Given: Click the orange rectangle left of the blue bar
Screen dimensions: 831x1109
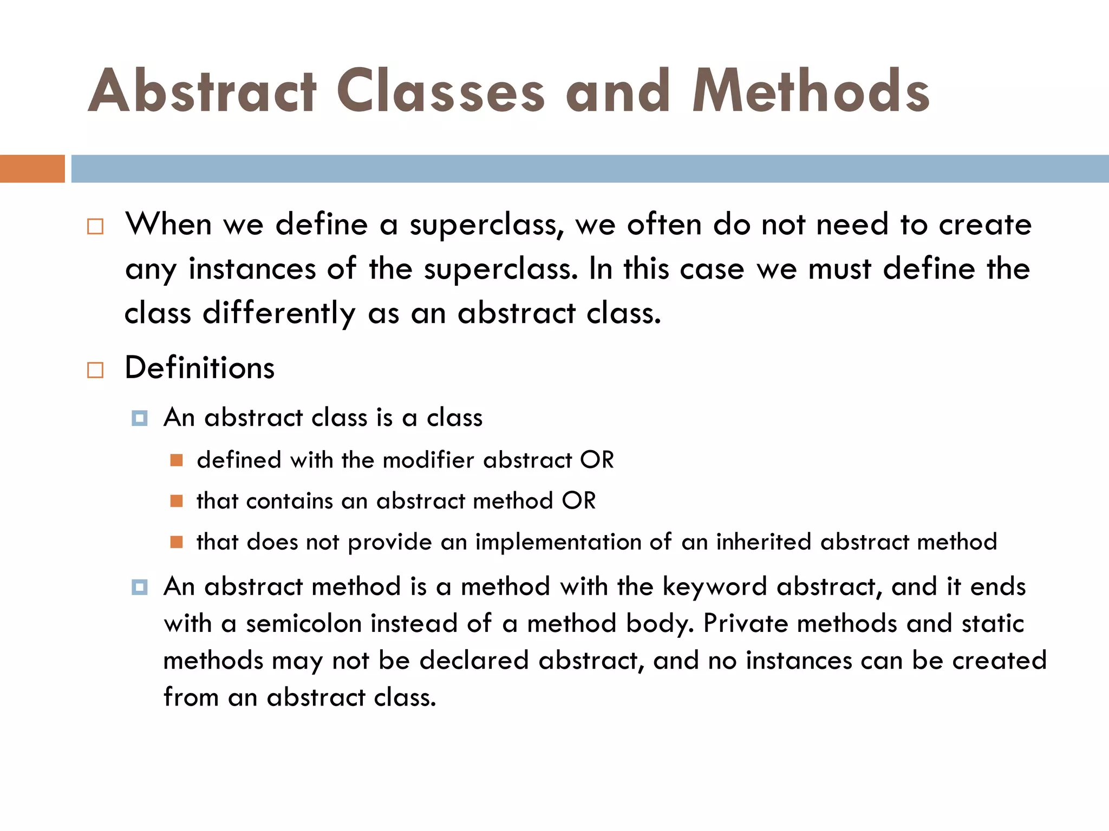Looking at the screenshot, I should tap(32, 168).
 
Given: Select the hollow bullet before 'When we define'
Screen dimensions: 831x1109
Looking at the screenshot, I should tap(95, 226).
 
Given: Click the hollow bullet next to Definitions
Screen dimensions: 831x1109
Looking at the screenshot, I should tap(95, 370).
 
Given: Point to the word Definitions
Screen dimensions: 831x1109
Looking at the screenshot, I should tap(200, 368).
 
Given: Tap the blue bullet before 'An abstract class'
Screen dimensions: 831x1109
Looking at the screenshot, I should tap(139, 418).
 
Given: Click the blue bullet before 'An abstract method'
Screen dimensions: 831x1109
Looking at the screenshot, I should tap(139, 587).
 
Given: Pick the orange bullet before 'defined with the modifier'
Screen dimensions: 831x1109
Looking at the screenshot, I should tap(176, 460).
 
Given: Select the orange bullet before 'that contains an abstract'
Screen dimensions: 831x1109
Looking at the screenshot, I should tap(176, 501).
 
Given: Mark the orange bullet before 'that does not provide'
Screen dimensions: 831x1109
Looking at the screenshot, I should tap(176, 542).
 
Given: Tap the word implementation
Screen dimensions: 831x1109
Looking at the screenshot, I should tap(558, 542).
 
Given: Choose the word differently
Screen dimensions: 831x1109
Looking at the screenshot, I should tap(279, 314).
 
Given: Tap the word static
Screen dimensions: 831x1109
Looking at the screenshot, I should tap(993, 623).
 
